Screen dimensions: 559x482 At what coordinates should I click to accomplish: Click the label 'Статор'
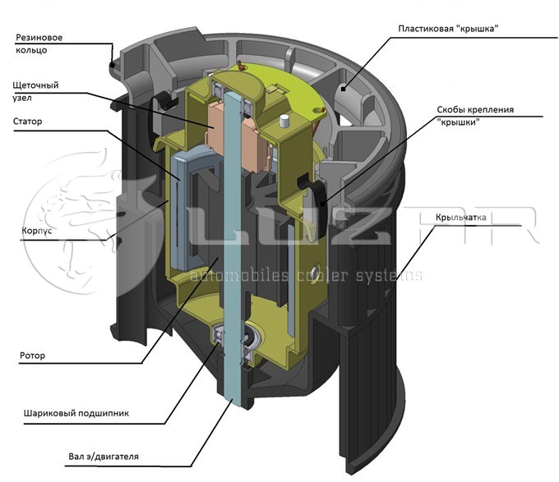[x=27, y=122]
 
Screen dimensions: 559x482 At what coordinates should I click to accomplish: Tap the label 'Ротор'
[x=32, y=356]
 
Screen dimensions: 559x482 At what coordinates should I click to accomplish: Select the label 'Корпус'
[x=37, y=231]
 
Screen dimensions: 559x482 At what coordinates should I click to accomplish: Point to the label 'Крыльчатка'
[x=460, y=217]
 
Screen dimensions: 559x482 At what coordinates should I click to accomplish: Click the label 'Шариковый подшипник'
[x=76, y=413]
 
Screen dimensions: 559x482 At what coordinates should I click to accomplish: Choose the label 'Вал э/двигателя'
[x=104, y=457]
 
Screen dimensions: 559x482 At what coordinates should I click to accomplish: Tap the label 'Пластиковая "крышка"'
[x=448, y=29]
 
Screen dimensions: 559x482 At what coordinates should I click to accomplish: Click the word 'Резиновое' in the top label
[x=39, y=38]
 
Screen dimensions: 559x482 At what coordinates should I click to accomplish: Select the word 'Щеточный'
[x=35, y=85]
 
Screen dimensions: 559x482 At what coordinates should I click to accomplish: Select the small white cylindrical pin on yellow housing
[x=284, y=121]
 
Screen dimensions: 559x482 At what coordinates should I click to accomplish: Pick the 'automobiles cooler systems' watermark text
[x=307, y=275]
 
